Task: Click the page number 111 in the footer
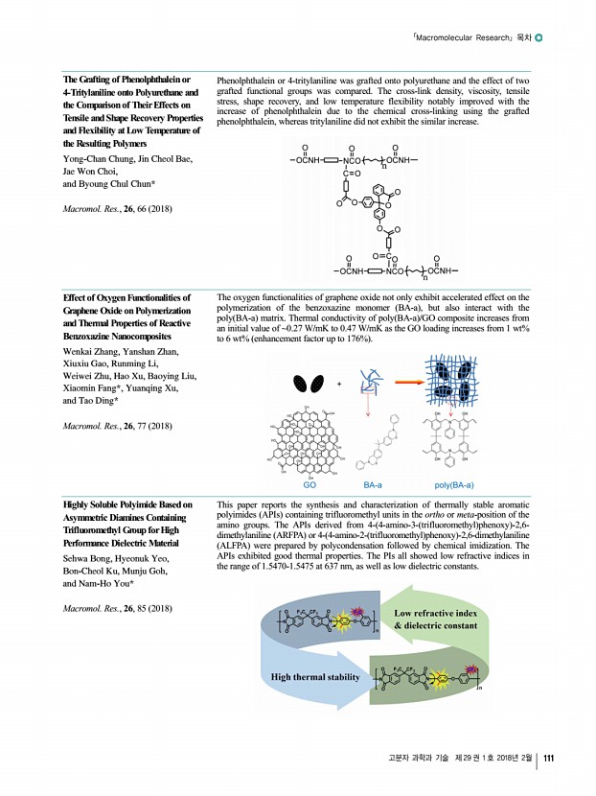click(x=550, y=761)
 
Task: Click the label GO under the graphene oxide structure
click(x=309, y=485)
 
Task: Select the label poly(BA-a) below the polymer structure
click(x=454, y=485)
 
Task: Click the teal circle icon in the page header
click(x=540, y=38)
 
